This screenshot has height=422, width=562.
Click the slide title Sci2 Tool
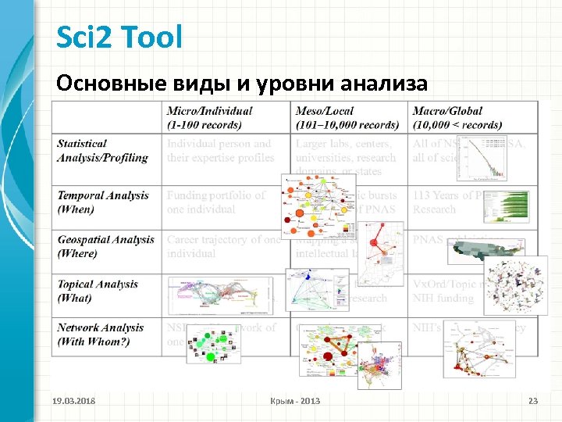(119, 37)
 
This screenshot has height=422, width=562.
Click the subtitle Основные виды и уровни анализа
(242, 83)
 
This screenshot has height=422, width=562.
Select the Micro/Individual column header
(208, 118)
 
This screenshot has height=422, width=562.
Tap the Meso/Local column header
(347, 118)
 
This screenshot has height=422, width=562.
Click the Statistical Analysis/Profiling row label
(102, 151)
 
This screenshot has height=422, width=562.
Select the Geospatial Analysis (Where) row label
(105, 246)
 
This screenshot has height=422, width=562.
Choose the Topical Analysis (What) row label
(97, 291)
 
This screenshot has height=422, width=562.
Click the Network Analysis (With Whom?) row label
(100, 334)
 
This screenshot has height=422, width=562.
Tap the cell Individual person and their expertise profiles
(220, 151)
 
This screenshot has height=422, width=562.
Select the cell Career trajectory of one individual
(223, 246)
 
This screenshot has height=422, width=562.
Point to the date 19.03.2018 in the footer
(74, 401)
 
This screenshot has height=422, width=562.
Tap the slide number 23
(533, 401)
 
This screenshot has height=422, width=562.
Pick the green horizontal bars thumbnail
(503, 206)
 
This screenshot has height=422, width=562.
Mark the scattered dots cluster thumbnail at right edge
(515, 285)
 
